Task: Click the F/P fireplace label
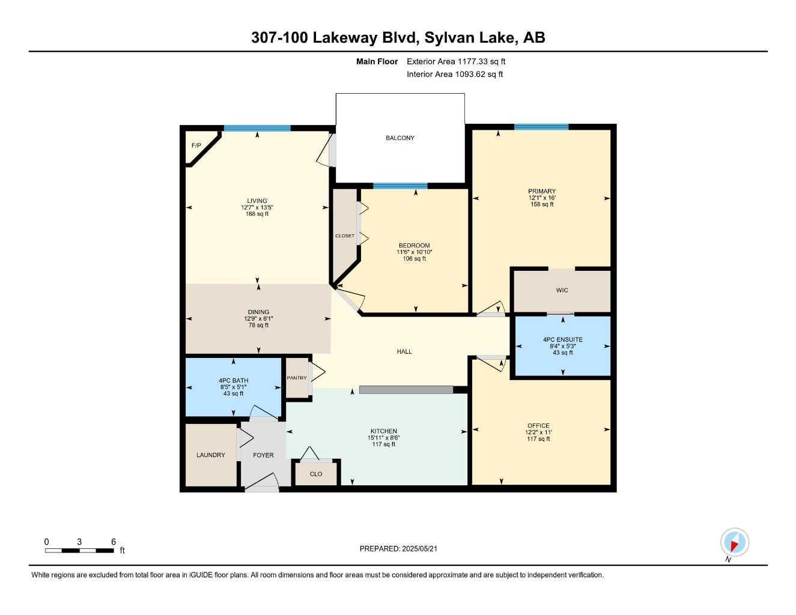pos(196,145)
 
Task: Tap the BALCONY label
pos(400,138)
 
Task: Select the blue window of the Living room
pos(257,128)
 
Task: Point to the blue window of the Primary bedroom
pos(541,127)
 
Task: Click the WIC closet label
pos(562,290)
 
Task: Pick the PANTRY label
pos(296,378)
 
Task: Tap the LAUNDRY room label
pos(210,455)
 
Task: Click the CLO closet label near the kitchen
pos(316,474)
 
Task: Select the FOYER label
pos(263,455)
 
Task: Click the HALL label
pos(404,351)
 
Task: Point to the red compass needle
pos(734,547)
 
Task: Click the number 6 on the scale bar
pos(113,542)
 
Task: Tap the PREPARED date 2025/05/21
pos(419,549)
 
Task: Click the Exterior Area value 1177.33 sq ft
pos(481,61)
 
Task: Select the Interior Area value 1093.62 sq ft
pos(479,74)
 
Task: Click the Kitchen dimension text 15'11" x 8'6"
pos(383,438)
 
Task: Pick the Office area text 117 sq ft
pos(538,439)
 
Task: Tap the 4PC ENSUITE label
pos(562,340)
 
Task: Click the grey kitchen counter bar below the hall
pos(406,390)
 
